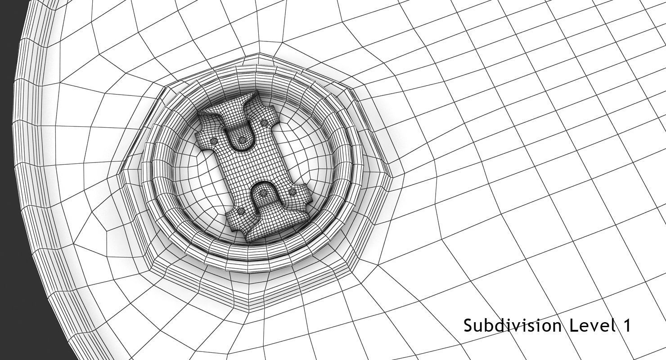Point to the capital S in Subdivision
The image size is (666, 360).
[468, 325]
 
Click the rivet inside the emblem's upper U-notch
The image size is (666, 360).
[242, 141]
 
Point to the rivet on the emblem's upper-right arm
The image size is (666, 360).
[265, 122]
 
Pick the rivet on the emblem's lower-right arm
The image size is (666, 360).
[292, 192]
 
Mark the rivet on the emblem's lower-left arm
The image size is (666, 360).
[242, 211]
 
